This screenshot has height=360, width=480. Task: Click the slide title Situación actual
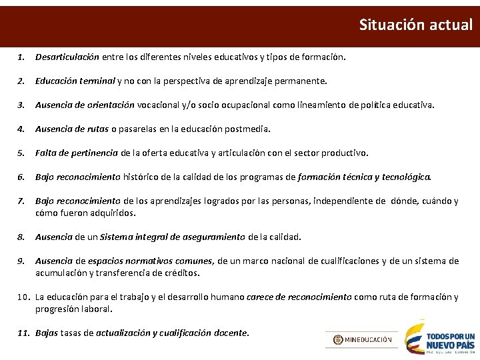(415, 25)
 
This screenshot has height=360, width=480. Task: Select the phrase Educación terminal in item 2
(75, 81)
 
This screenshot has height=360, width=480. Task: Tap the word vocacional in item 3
(159, 105)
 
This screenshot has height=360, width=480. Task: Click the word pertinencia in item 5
(95, 153)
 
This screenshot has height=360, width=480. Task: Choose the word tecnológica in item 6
(406, 177)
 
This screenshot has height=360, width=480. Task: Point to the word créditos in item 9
(181, 273)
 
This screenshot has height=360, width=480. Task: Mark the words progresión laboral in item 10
(74, 309)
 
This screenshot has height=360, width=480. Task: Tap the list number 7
(21, 201)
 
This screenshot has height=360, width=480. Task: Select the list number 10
(22, 297)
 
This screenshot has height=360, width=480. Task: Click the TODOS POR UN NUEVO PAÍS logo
(441, 339)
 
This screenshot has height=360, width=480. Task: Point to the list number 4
(21, 129)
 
